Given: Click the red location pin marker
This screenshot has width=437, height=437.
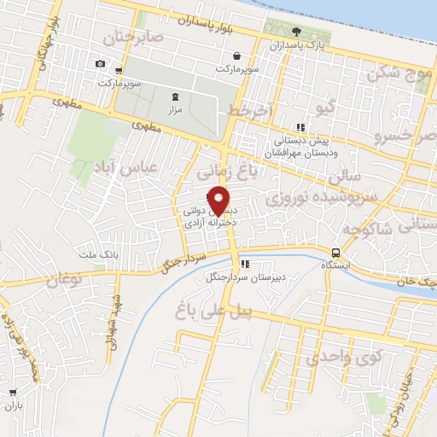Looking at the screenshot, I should (218, 200).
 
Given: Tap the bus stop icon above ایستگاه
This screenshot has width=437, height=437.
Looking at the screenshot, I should (336, 253).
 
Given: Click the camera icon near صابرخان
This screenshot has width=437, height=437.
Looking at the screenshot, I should (101, 64).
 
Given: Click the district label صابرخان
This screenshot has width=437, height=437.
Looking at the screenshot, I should (132, 38).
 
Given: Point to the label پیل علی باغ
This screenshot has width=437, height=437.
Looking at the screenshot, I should (213, 309).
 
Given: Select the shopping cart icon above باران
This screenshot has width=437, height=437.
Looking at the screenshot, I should (12, 393).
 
